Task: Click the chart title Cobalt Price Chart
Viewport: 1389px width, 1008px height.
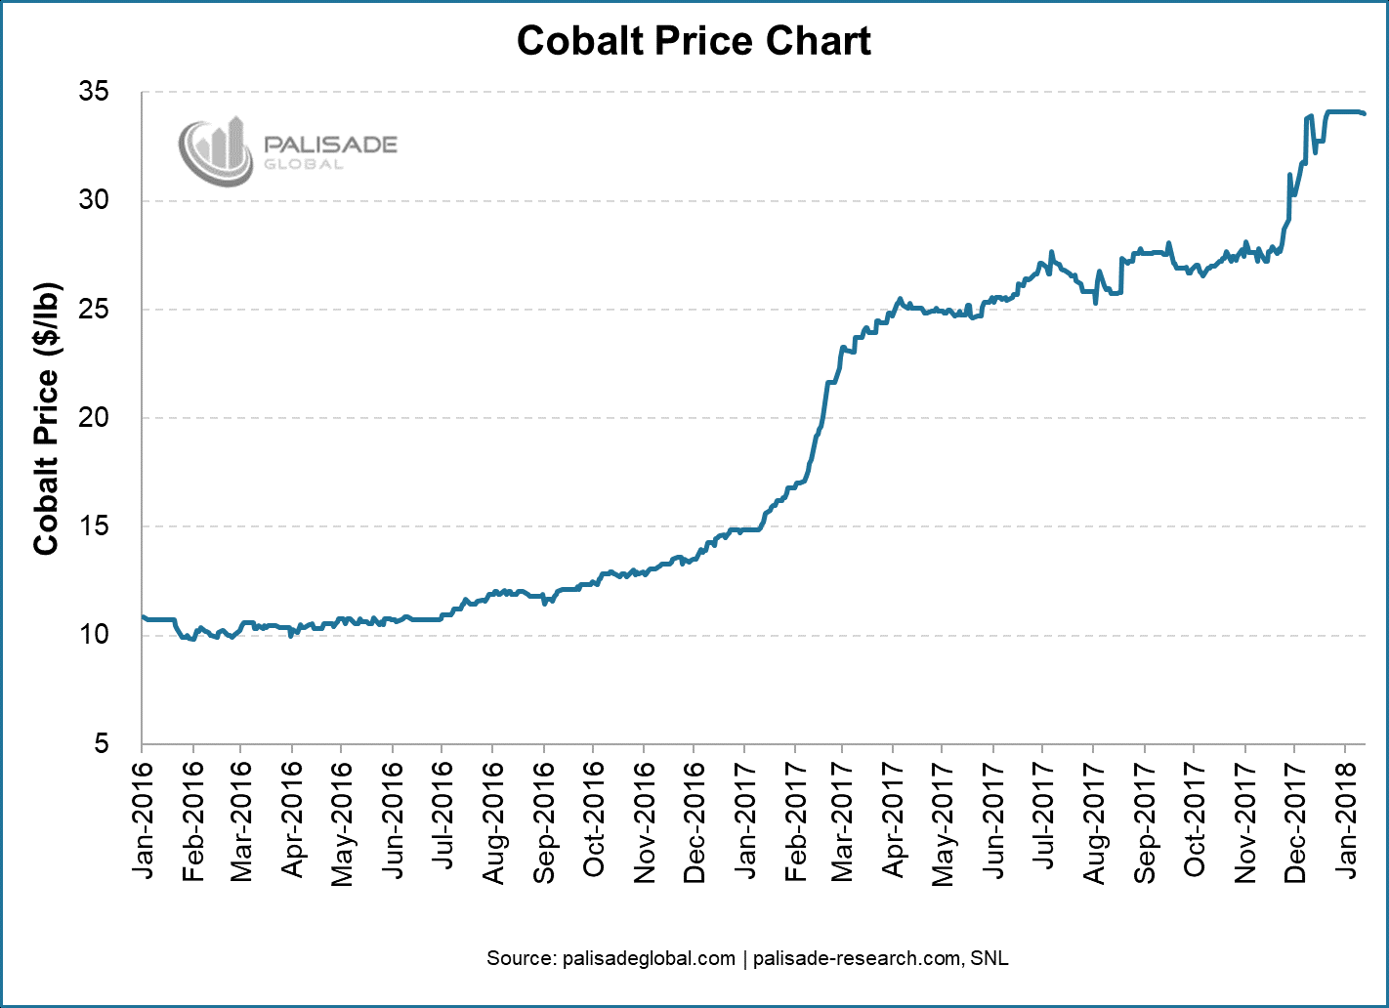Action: [x=694, y=41]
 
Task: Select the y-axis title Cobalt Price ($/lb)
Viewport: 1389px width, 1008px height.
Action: [x=46, y=419]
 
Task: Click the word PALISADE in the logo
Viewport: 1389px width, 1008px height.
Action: [x=331, y=145]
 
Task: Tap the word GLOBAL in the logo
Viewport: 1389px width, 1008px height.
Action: [x=304, y=165]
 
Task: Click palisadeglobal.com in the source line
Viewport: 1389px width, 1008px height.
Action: [x=650, y=958]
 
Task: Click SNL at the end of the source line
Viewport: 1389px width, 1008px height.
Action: [x=989, y=958]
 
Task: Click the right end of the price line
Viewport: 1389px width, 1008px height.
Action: [x=1365, y=113]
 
